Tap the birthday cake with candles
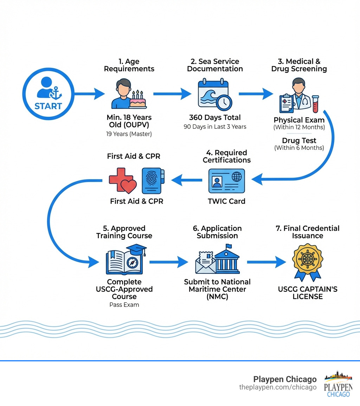(137, 100)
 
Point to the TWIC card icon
(226, 181)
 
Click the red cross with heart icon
(122, 180)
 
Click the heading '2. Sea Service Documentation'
(215, 65)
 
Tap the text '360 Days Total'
(215, 118)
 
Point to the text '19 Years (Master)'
(129, 134)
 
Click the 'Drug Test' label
(299, 141)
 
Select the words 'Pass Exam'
(124, 305)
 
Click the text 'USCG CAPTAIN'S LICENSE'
(308, 293)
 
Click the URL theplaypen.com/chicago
(278, 387)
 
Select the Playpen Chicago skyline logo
(338, 384)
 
